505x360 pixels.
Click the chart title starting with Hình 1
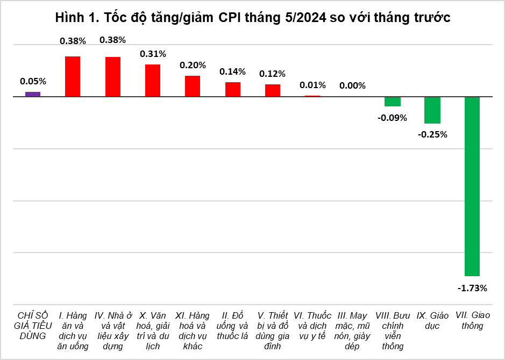[x=252, y=18]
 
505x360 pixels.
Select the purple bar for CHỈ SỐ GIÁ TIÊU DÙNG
[x=33, y=94]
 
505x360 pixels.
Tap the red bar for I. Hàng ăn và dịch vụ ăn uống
[x=73, y=76]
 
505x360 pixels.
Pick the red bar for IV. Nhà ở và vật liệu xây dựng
[x=112, y=77]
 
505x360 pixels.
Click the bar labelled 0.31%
[x=153, y=81]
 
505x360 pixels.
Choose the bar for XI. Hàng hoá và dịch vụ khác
[x=193, y=86]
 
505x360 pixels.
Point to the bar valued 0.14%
[x=233, y=89]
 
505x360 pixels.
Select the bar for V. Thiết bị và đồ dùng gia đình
[x=273, y=90]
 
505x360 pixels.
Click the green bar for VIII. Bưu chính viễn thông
[x=393, y=102]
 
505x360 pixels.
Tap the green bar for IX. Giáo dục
[x=432, y=110]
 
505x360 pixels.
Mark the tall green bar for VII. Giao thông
[x=472, y=186]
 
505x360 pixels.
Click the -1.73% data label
[x=472, y=289]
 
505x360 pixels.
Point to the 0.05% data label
[x=33, y=82]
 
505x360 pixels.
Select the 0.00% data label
[x=352, y=85]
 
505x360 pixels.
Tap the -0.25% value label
[x=432, y=134]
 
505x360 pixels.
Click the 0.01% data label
[x=312, y=85]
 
